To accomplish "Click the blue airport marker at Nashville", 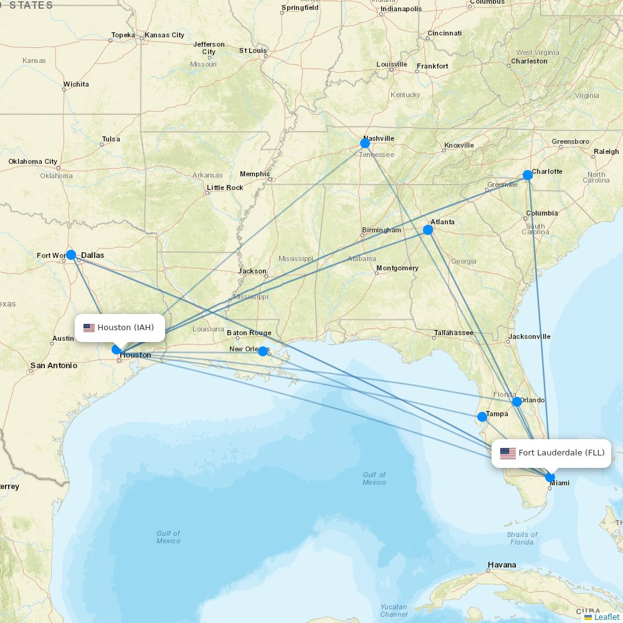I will [365, 143].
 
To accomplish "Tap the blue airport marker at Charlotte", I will [528, 175].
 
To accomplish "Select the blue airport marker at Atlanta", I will [428, 230].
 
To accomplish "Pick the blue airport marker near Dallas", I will [71, 255].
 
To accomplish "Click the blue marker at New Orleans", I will [263, 351].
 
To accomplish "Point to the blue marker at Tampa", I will [482, 417].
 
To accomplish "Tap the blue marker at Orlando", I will [517, 402].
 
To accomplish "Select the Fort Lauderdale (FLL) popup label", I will [561, 453].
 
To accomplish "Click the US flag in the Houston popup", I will [89, 328].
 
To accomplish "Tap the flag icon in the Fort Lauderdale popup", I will [508, 454].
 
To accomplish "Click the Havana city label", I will [502, 565].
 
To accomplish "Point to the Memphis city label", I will [255, 174].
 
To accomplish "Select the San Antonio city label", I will [54, 366].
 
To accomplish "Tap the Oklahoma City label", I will [33, 161].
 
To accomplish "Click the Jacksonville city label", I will [529, 336].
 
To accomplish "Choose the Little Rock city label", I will [225, 188].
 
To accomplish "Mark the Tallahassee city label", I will [454, 333].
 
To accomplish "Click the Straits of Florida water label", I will [521, 538].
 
